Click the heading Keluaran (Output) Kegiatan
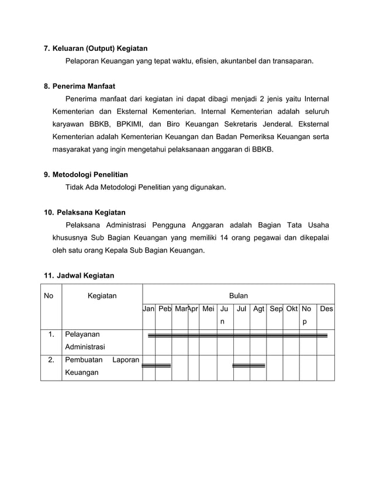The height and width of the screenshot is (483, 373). (100, 48)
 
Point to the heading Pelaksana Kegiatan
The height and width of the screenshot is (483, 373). (91, 212)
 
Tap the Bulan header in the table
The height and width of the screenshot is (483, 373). (238, 296)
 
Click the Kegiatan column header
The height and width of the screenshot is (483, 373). (102, 296)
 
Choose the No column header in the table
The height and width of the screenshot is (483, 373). (49, 296)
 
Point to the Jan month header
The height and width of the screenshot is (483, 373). (148, 308)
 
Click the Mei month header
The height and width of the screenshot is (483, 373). (208, 308)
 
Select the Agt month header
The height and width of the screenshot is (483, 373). (258, 308)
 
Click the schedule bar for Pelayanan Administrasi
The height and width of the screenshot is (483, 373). (237, 336)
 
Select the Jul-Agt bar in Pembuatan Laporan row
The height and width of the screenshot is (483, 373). (249, 366)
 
